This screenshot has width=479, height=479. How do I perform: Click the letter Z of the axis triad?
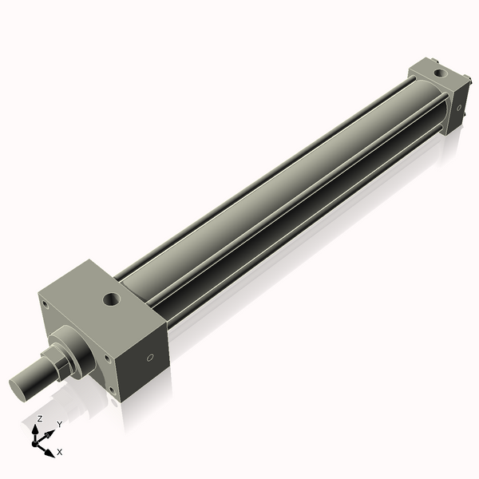point(40,418)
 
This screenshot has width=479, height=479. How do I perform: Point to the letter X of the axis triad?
point(59,452)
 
